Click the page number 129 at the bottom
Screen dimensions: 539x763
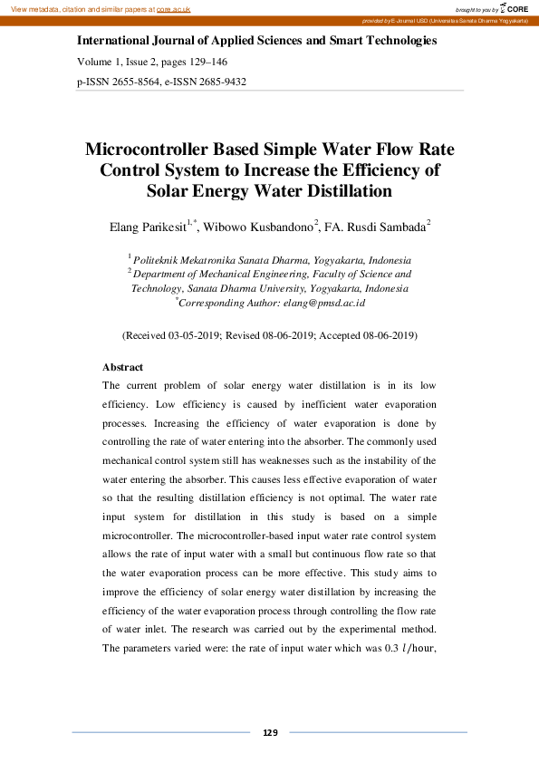click(x=269, y=732)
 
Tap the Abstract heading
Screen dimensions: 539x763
click(x=122, y=367)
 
